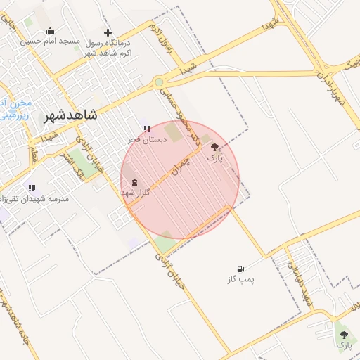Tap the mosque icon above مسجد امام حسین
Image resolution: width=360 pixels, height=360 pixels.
pos(50,31)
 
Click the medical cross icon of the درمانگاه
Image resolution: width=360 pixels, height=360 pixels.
pos(108,32)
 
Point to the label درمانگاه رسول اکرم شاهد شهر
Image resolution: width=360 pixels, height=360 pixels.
pos(110,47)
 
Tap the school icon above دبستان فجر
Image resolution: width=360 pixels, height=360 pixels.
pos(147,129)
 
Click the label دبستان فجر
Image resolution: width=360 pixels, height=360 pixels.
pos(146,139)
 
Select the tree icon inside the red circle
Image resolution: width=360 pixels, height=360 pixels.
pos(214,147)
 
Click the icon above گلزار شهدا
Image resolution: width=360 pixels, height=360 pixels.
pos(134,181)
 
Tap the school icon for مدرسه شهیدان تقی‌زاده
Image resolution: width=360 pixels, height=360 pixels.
pos(31,188)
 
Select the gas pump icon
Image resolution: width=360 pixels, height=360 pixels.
pos(241,269)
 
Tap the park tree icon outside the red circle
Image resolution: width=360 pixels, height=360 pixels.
pos(344,335)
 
